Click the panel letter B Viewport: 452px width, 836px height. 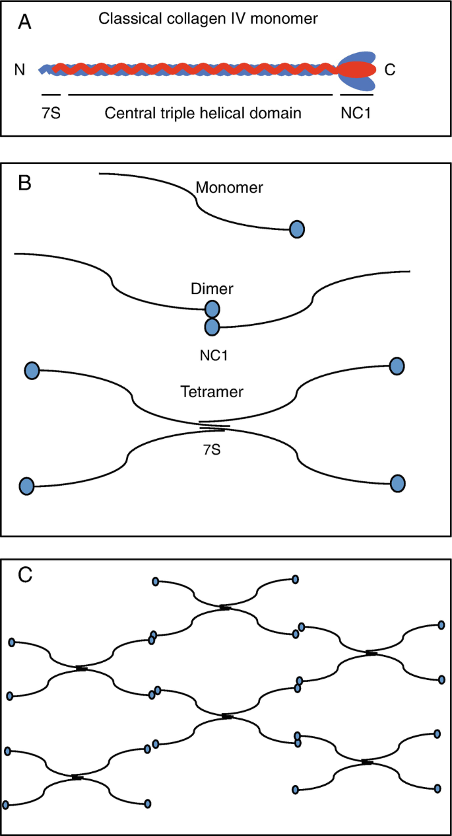click(25, 182)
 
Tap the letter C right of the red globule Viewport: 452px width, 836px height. click(390, 69)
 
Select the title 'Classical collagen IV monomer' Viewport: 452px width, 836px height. click(209, 19)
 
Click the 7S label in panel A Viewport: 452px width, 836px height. click(51, 112)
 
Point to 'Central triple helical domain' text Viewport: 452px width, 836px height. click(203, 112)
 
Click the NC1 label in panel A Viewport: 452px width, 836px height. click(356, 112)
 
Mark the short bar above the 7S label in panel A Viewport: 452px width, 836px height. click(51, 95)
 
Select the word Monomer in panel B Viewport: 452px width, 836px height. click(230, 188)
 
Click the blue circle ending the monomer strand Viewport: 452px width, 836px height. click(297, 229)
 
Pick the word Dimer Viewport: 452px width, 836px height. click(211, 289)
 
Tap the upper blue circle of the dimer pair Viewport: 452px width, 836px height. click(212, 309)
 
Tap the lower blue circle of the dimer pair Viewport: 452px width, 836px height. click(212, 326)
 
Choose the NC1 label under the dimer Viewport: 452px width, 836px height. click(212, 354)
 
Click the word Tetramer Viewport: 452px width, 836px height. click(212, 391)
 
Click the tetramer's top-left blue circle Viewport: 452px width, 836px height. click(31, 370)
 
